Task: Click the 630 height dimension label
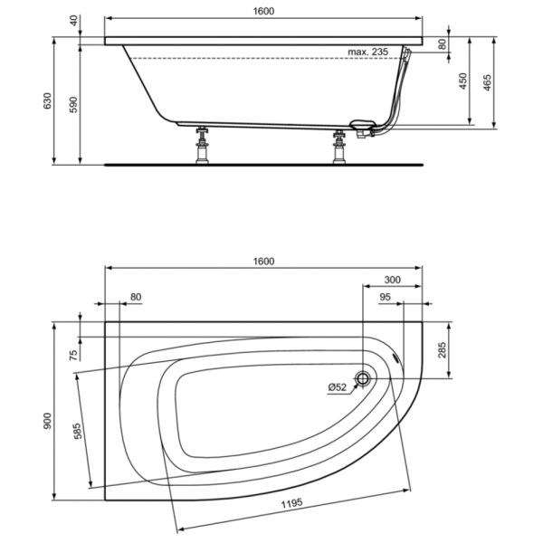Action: pyautogui.click(x=47, y=100)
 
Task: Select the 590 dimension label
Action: pyautogui.click(x=74, y=105)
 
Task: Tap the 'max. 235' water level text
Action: pyautogui.click(x=368, y=52)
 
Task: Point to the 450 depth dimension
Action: pyautogui.click(x=463, y=81)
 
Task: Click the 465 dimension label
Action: pyautogui.click(x=487, y=82)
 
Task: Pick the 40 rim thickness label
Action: pyautogui.click(x=74, y=21)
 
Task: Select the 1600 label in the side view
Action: pyautogui.click(x=263, y=12)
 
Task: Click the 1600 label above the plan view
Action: pyautogui.click(x=263, y=262)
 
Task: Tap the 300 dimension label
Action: pyautogui.click(x=393, y=280)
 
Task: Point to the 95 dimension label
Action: pyautogui.click(x=386, y=297)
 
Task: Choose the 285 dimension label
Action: pyautogui.click(x=442, y=349)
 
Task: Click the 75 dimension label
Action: pyautogui.click(x=74, y=356)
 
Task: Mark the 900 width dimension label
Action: pyautogui.click(x=47, y=421)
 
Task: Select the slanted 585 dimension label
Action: pyautogui.click(x=78, y=431)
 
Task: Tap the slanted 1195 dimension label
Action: pyautogui.click(x=291, y=503)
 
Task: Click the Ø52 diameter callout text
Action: pyautogui.click(x=337, y=387)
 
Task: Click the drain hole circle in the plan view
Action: pyautogui.click(x=363, y=378)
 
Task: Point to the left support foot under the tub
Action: pyautogui.click(x=202, y=145)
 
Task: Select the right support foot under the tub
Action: pyautogui.click(x=339, y=147)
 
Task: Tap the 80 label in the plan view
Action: pyautogui.click(x=136, y=297)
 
